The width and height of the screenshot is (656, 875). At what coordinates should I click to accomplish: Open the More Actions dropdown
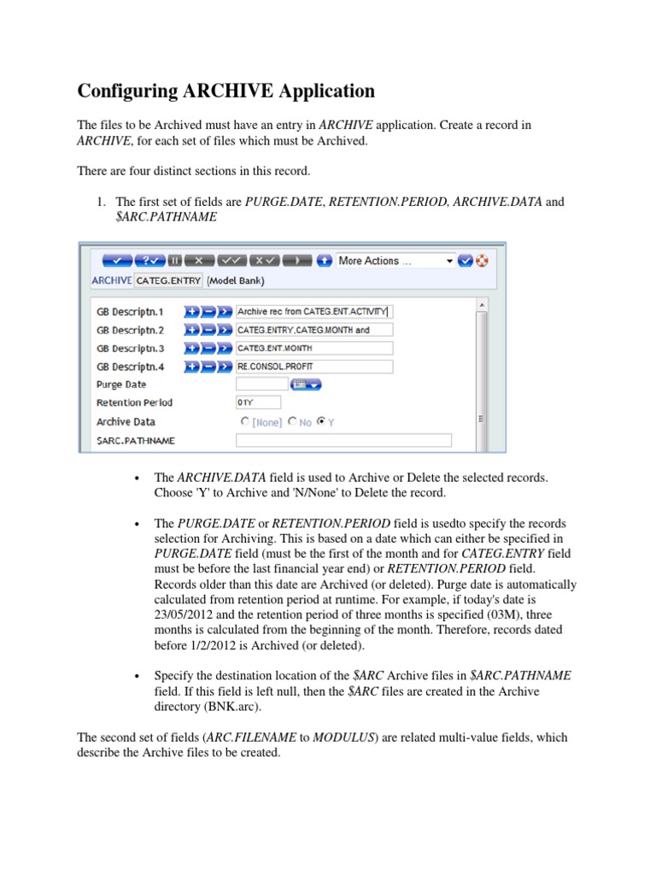(x=395, y=261)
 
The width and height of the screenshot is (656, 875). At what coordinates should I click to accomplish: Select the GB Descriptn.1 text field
(x=313, y=312)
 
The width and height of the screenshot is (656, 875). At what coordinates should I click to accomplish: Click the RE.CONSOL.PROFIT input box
(x=313, y=367)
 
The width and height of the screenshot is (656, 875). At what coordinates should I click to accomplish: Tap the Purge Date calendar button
(x=306, y=385)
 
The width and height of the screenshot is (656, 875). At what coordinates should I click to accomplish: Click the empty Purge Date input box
(x=262, y=385)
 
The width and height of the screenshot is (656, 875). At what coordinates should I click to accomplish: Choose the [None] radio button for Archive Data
(x=246, y=422)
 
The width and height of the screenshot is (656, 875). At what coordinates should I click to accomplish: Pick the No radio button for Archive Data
(x=292, y=422)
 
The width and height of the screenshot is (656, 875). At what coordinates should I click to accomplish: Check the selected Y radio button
(x=321, y=422)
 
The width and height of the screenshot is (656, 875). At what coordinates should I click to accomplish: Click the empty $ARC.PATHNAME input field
(x=343, y=441)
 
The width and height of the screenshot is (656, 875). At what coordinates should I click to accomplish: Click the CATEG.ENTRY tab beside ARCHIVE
(x=168, y=280)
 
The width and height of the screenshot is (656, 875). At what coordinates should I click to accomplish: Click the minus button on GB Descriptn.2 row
(x=208, y=330)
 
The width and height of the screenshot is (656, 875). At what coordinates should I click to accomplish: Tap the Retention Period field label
(x=134, y=403)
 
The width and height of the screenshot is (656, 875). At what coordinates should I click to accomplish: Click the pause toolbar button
(x=173, y=261)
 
